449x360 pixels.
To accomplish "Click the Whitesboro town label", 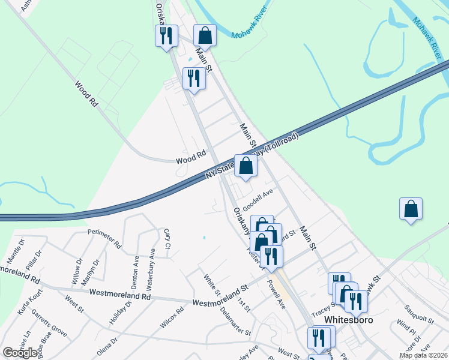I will click(349, 320).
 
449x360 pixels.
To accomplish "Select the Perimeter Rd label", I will click(104, 238).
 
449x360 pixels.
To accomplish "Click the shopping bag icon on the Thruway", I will click(246, 166).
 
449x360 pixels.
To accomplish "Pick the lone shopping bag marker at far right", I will click(411, 209).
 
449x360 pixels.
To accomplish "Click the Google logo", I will click(20, 353).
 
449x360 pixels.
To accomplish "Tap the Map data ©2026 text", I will click(423, 355).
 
